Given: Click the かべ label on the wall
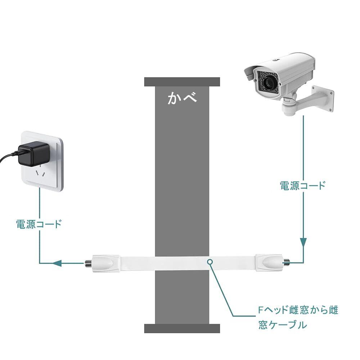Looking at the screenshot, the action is click(182, 98).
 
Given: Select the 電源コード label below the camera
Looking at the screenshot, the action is click(302, 185).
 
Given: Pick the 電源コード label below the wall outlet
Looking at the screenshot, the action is click(39, 224).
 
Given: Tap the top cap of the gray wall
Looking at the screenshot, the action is click(182, 82).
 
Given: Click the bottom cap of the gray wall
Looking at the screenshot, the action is click(182, 328).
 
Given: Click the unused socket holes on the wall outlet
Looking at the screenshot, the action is click(41, 174).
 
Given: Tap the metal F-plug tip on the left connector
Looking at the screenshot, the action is click(87, 263).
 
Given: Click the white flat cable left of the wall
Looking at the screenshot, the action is click(137, 263).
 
